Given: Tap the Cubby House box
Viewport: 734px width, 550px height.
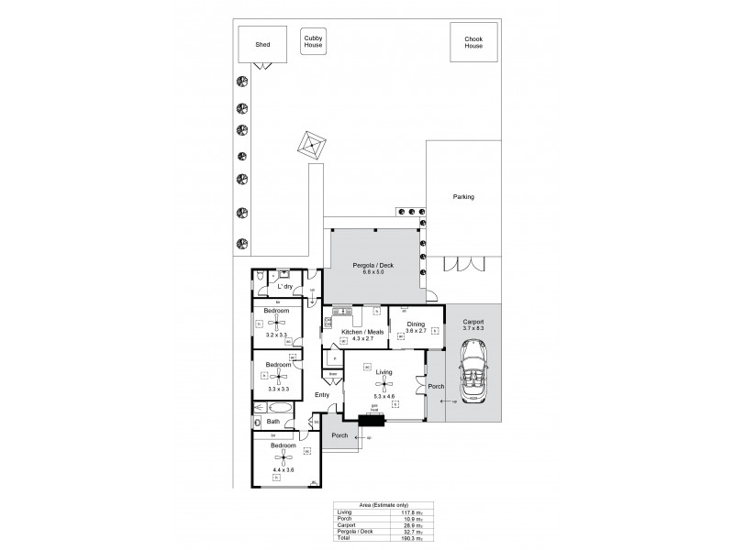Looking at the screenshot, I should point(313,41).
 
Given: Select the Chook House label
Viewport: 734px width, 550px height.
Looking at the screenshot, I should point(473,42).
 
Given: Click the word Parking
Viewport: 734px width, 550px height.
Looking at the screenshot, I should point(463,197).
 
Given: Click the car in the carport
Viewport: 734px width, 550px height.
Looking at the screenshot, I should point(473,368).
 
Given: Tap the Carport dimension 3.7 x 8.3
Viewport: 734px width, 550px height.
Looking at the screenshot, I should point(473,328).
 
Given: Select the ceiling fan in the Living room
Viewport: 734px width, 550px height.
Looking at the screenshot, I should point(384,383).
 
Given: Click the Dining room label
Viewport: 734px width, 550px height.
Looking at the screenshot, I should point(416,324).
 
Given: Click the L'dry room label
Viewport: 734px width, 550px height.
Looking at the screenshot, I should point(285,287).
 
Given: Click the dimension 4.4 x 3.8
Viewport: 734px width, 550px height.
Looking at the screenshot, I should point(284,470).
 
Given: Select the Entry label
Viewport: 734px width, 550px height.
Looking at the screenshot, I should point(322,395).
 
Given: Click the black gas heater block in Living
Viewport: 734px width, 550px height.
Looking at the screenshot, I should point(373,421).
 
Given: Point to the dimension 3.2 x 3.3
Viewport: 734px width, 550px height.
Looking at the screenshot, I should point(277,335).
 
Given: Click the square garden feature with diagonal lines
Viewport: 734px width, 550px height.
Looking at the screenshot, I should point(312,144).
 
